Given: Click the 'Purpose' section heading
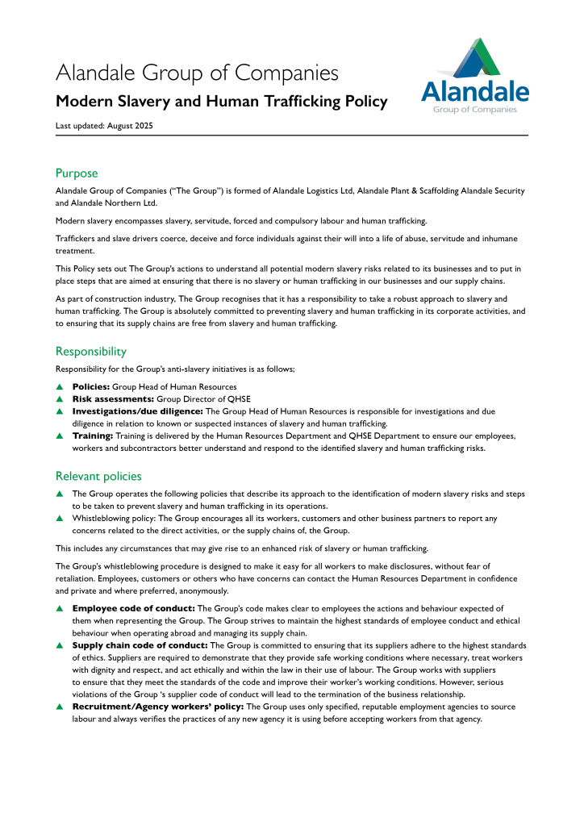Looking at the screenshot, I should coord(77,173).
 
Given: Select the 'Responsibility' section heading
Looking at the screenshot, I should coord(90,351).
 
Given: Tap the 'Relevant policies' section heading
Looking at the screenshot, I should coord(98,476).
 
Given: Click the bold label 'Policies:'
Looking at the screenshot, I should coord(91,387).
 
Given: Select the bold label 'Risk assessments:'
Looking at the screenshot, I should coord(112,399).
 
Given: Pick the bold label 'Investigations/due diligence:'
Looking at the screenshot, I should coord(138,411).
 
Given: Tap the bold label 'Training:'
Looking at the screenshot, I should coord(93,436).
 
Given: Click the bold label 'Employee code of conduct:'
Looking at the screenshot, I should coord(134,608).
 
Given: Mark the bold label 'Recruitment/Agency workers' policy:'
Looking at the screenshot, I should coord(152,707).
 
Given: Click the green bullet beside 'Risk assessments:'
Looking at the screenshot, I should coord(59,399).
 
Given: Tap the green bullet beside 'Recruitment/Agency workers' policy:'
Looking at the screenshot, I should coord(59,707).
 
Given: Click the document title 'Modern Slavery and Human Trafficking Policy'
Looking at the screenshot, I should coord(221,102).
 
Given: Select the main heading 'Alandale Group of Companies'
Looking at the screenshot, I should coord(197,73).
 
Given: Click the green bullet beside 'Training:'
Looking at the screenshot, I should coord(59,436).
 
